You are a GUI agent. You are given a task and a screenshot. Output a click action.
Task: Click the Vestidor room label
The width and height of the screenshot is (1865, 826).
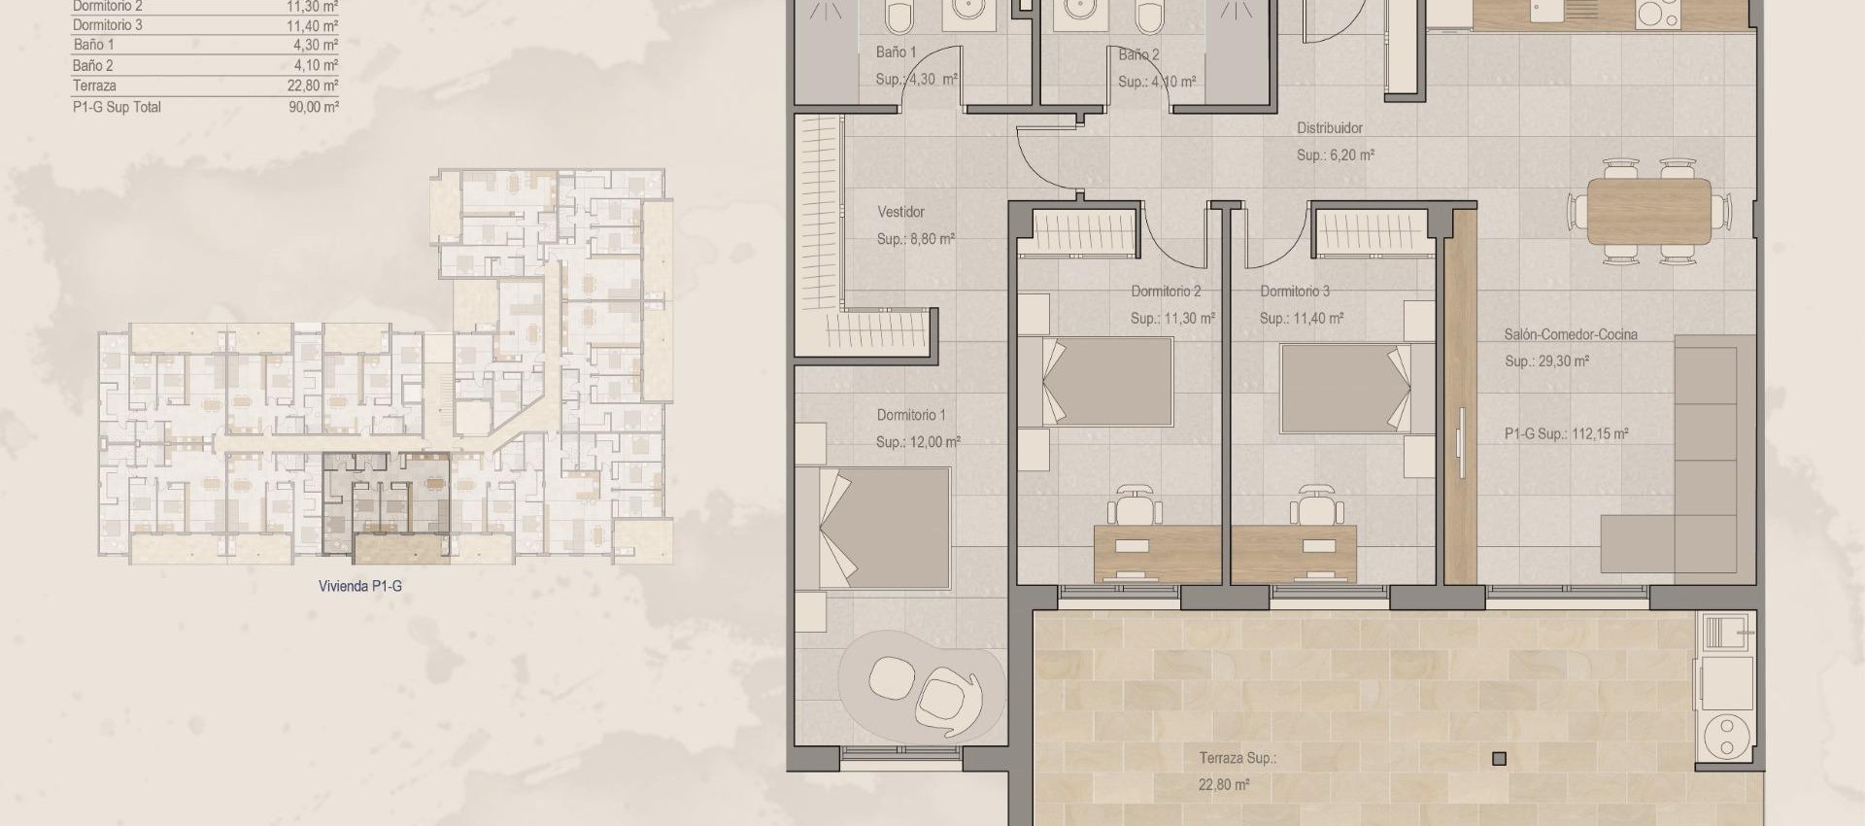click(x=900, y=212)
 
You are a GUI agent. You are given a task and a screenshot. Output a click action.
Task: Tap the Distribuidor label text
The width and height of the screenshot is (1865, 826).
click(x=1329, y=128)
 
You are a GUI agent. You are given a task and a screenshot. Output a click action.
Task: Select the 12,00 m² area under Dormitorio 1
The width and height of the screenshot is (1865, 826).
click(x=918, y=442)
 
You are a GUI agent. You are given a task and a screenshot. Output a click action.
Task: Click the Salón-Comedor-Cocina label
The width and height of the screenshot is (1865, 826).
click(x=1570, y=334)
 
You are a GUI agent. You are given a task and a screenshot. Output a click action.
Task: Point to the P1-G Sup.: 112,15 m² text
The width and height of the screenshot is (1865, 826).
click(x=1566, y=434)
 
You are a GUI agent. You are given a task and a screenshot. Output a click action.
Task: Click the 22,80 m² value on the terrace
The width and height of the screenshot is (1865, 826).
click(x=1224, y=785)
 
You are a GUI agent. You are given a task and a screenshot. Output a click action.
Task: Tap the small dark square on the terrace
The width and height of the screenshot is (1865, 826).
click(x=1500, y=759)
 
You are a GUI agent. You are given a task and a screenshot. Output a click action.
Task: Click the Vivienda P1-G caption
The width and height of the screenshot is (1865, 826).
click(x=359, y=586)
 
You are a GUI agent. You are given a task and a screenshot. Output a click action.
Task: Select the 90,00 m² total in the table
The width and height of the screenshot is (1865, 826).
click(x=313, y=107)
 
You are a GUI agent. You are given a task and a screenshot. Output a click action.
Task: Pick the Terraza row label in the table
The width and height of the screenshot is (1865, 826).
click(x=94, y=86)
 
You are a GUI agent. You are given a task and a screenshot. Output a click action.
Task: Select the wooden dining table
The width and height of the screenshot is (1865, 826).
click(x=1648, y=211)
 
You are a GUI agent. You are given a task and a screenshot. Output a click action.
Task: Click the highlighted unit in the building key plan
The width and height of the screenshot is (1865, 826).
click(x=387, y=505)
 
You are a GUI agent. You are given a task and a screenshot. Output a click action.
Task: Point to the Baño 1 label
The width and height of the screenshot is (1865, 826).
click(x=896, y=52)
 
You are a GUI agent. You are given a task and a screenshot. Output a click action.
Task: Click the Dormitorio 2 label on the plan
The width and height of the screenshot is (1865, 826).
click(x=1166, y=292)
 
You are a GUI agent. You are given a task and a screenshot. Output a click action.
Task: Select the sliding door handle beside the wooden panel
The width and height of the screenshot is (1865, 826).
click(x=1463, y=442)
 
